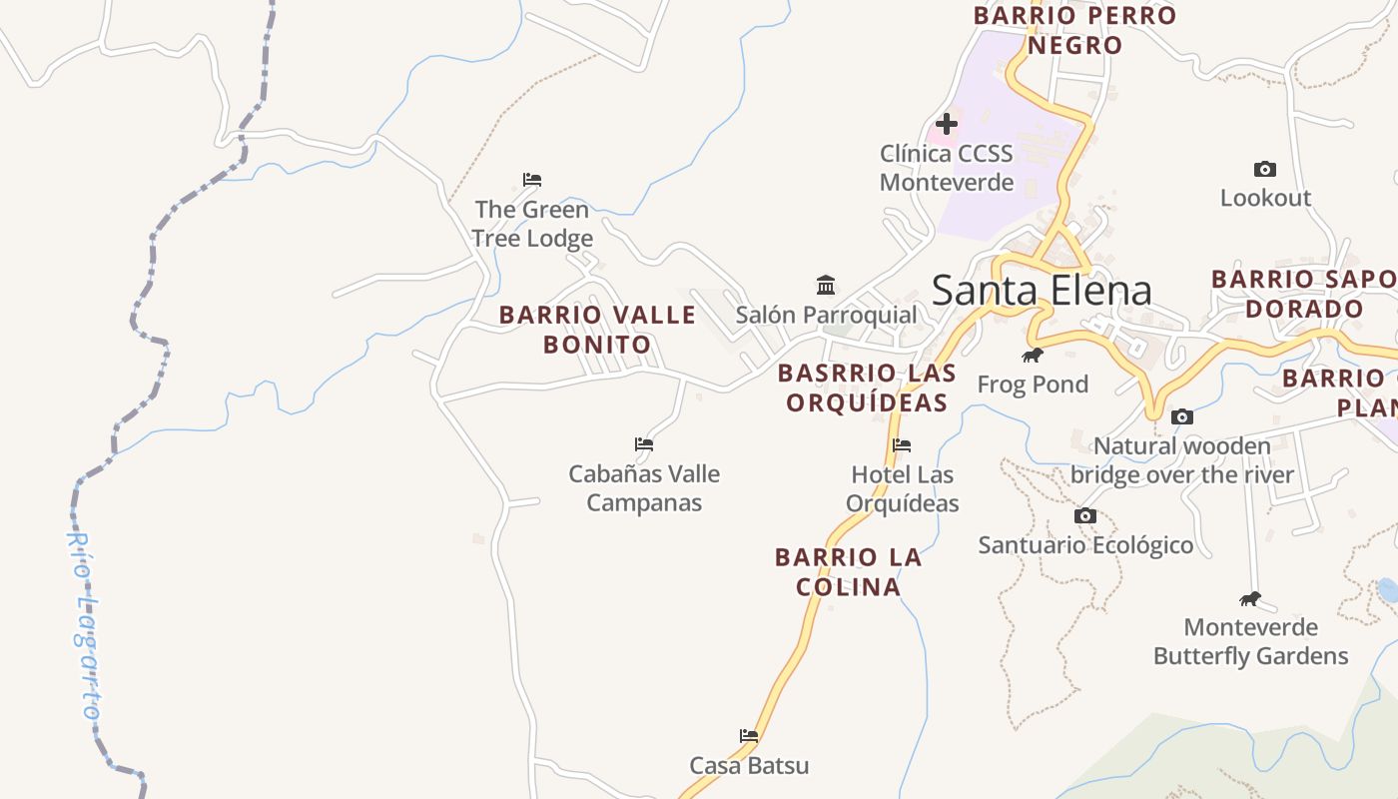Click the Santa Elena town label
pos(1042,290)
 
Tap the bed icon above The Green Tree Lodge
pos(532,180)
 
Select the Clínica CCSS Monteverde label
pos(946,168)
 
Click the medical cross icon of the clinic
pos(947,125)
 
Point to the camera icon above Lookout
pos(1265,170)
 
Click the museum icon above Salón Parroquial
pos(826,286)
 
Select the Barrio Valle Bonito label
pos(597,330)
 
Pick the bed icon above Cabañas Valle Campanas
pos(644,444)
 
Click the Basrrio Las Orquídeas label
pos(867,388)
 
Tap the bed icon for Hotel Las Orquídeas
pos(903,445)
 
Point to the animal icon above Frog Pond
pos(1033,356)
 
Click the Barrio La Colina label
pos(849,571)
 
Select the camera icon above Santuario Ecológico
pos(1085,516)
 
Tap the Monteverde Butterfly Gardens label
pos(1250,641)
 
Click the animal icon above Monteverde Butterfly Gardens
pos(1250,599)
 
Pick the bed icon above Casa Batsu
pos(749,736)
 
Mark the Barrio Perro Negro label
pos(1075,30)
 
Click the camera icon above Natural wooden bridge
pos(1182,417)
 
